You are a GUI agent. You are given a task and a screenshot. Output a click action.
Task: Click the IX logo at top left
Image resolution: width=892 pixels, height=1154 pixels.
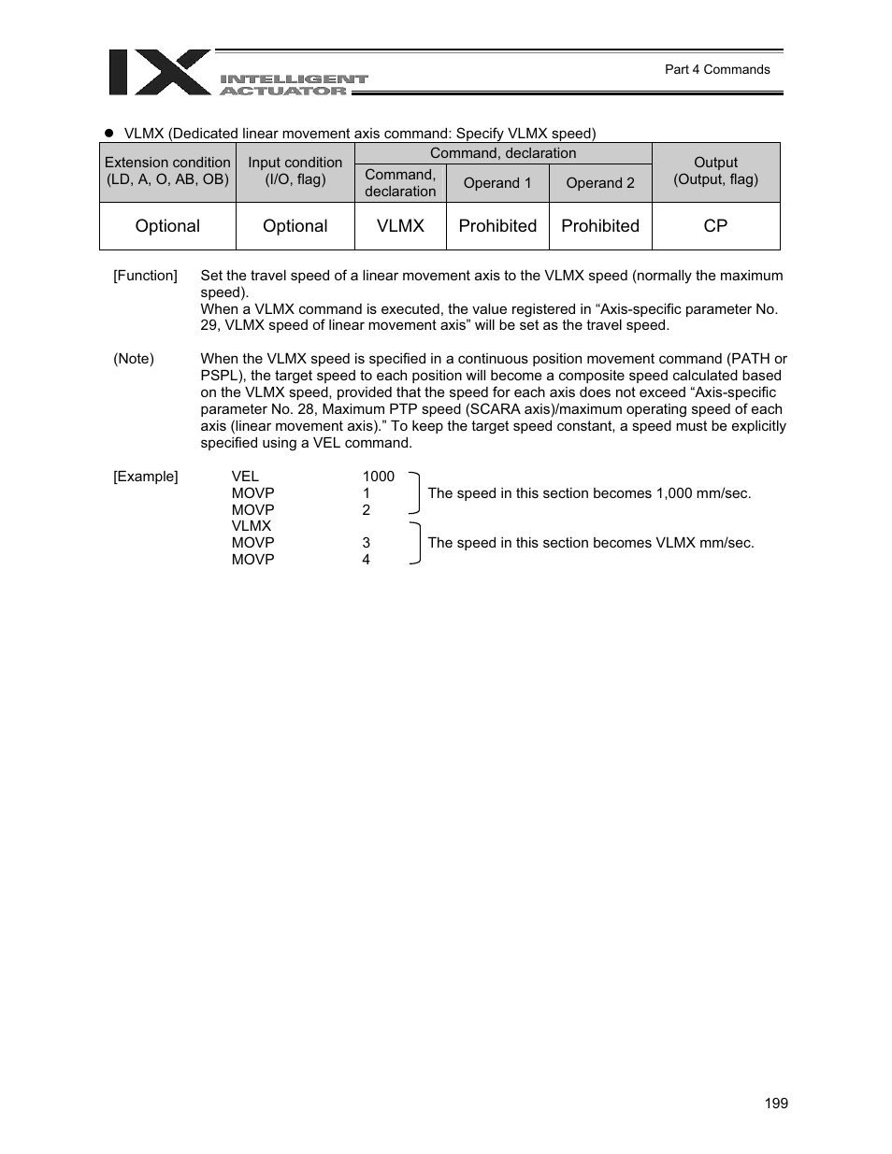159,73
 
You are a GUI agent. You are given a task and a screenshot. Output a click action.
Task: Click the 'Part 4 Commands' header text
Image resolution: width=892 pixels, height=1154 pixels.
716,69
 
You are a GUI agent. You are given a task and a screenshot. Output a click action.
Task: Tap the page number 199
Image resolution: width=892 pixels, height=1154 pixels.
775,1104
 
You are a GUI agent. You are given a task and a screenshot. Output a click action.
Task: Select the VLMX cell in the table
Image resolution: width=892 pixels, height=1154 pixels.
400,226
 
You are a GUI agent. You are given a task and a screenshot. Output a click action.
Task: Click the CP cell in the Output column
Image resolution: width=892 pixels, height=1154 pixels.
715,226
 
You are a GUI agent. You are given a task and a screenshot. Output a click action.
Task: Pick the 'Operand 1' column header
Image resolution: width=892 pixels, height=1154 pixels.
497,183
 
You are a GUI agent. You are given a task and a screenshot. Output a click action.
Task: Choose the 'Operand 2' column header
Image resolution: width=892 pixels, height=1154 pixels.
600,183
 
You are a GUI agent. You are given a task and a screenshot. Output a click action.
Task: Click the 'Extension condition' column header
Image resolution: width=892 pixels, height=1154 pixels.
167,171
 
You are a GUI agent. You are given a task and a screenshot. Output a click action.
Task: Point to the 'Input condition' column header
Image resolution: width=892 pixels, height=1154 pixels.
295,171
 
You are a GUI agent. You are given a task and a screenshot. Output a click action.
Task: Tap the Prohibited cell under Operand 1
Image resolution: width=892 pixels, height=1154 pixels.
497,226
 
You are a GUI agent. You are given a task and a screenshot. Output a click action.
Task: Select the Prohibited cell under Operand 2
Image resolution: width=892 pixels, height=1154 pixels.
600,226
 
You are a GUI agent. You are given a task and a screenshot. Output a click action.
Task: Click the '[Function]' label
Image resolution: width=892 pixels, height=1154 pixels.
145,276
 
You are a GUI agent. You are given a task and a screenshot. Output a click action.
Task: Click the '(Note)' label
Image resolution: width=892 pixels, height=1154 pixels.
134,359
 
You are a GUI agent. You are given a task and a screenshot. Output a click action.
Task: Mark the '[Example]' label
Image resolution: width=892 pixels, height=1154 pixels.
145,477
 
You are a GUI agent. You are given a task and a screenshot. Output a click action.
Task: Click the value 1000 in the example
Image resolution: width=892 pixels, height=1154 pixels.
379,477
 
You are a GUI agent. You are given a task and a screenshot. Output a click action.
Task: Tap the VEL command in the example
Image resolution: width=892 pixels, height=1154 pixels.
245,477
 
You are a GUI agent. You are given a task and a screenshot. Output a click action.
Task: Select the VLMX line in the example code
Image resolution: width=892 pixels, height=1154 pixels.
252,526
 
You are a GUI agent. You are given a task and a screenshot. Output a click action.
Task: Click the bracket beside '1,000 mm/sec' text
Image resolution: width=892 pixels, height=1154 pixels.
415,493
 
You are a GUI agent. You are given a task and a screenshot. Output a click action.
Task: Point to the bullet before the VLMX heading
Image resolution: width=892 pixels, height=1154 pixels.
108,134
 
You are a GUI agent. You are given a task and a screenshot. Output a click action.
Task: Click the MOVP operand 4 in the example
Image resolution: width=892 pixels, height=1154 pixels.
367,560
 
